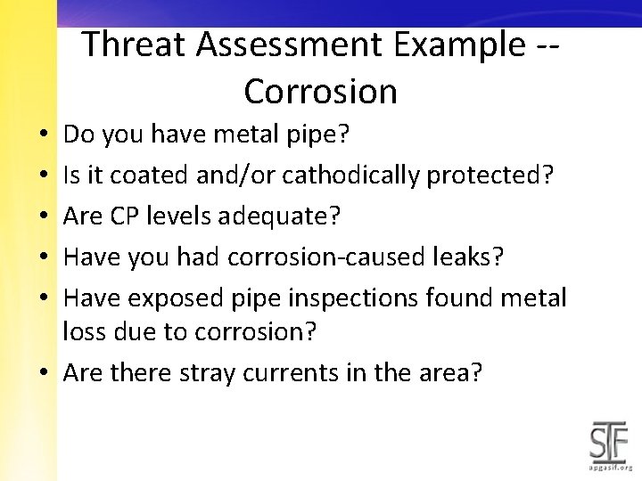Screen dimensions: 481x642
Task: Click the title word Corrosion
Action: tap(320, 91)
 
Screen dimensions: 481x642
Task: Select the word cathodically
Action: tap(350, 175)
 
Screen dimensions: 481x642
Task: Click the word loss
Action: tap(85, 331)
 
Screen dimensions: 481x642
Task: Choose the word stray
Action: tap(211, 371)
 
